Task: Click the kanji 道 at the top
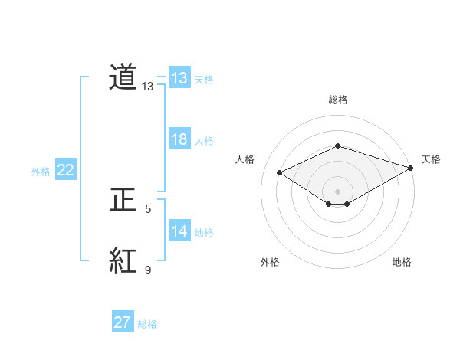click(x=123, y=78)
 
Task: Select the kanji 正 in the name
click(x=123, y=201)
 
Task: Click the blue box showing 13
click(x=179, y=78)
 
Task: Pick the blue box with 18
click(x=179, y=139)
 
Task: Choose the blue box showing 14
click(x=179, y=231)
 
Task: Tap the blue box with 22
click(x=66, y=170)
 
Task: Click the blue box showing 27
click(x=123, y=322)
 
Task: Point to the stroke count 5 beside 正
click(x=148, y=208)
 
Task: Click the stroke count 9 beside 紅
click(x=148, y=270)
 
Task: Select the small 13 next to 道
click(x=148, y=87)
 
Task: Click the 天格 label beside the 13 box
click(x=204, y=80)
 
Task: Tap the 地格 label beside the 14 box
click(x=204, y=233)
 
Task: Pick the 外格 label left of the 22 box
click(x=41, y=172)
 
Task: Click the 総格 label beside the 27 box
click(x=147, y=324)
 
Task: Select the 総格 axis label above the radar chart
click(x=337, y=100)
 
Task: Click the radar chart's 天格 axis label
click(x=431, y=159)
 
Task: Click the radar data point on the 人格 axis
click(x=280, y=173)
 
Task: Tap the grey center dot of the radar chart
click(x=337, y=190)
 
